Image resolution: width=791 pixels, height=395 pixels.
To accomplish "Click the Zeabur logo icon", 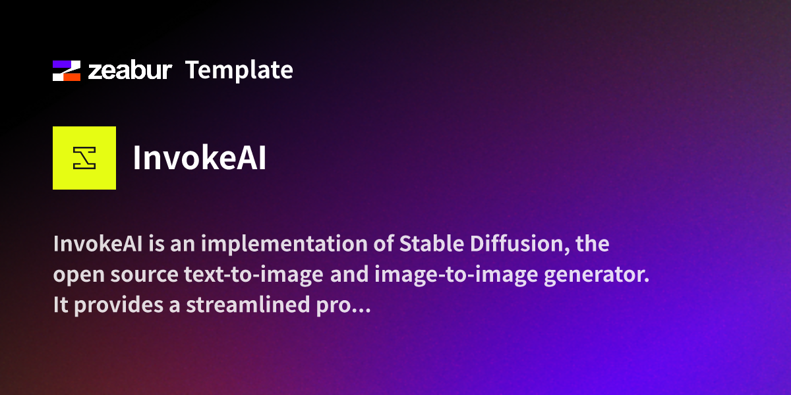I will [x=67, y=70].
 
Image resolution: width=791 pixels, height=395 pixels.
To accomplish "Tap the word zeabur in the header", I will [x=130, y=70].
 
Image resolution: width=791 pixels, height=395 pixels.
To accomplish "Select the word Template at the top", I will [x=239, y=70].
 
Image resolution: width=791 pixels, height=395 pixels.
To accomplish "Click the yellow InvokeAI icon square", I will [x=84, y=158].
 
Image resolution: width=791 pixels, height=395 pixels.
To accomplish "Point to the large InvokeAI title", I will [x=200, y=159].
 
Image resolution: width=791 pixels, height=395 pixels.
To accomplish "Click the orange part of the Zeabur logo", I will [x=72, y=76].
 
